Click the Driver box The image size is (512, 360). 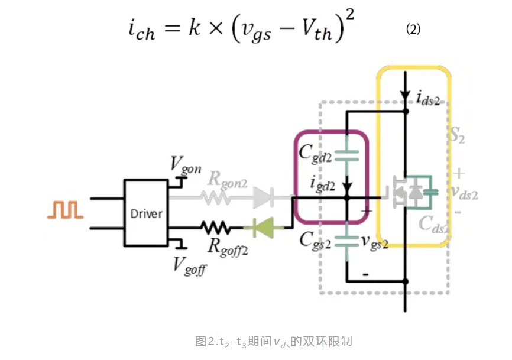pos(146,212)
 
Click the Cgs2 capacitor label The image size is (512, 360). pos(315,239)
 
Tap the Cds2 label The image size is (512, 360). pos(435,224)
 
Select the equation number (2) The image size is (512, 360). pos(413,29)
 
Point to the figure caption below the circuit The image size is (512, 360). pos(273,341)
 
